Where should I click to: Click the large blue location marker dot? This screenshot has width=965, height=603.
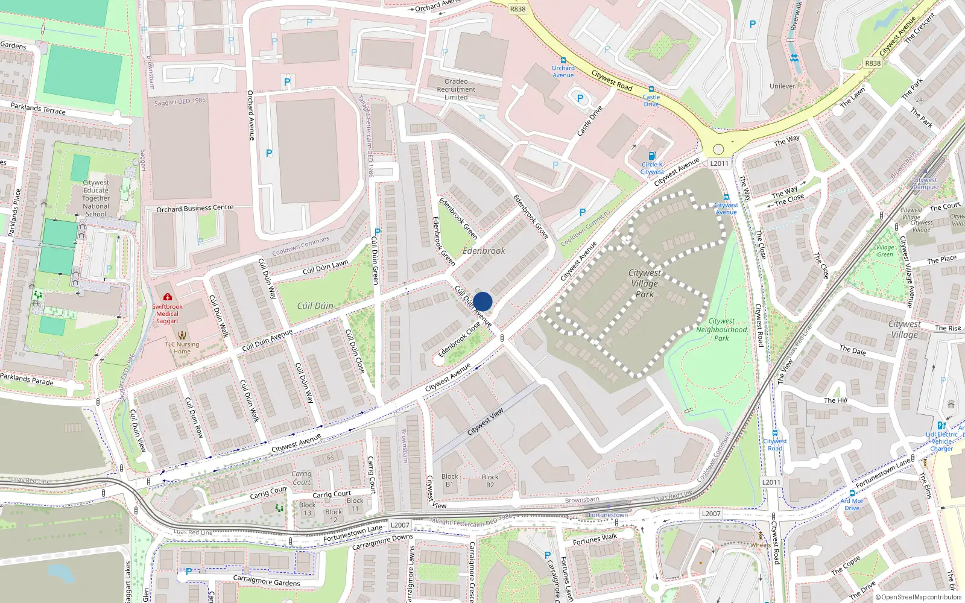click(482, 301)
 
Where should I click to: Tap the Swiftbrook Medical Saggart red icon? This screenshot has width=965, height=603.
click(167, 297)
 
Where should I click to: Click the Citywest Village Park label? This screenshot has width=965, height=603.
click(644, 283)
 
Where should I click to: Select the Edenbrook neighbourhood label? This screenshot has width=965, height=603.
click(484, 251)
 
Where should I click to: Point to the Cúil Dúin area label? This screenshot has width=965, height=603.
click(315, 306)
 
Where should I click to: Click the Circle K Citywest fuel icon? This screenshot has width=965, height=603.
click(651, 156)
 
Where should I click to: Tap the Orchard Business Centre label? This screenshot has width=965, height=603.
click(195, 208)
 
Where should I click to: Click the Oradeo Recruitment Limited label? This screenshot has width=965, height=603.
click(456, 89)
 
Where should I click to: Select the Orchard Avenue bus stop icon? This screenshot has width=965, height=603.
click(563, 60)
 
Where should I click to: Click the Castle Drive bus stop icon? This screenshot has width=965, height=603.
click(651, 89)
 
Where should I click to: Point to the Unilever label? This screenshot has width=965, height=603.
click(782, 86)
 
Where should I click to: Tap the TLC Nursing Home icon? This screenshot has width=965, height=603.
click(182, 335)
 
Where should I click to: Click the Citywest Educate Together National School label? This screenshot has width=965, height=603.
click(96, 198)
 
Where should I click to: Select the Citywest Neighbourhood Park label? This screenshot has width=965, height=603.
click(721, 330)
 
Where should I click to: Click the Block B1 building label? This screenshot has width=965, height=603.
click(450, 480)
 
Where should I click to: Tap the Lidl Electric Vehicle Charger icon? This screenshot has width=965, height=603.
click(941, 426)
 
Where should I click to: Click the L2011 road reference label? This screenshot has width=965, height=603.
click(719, 163)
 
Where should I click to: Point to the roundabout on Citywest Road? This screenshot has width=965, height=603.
click(718, 149)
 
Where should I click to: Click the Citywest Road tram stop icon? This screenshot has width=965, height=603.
click(775, 433)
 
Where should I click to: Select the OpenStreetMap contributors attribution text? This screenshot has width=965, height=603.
click(921, 597)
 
